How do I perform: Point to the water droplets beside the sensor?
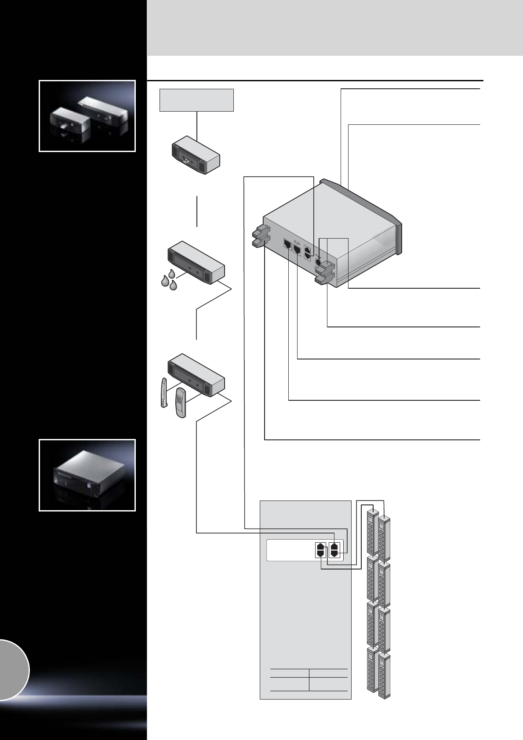[169, 281]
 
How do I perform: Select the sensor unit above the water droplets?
[196, 262]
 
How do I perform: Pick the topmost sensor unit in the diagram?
[195, 155]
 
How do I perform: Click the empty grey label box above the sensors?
[196, 100]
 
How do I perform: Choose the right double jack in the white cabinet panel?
[334, 549]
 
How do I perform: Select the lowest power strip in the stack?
[384, 677]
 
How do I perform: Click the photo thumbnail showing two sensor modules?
[87, 116]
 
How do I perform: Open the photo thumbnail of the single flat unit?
[87, 475]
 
